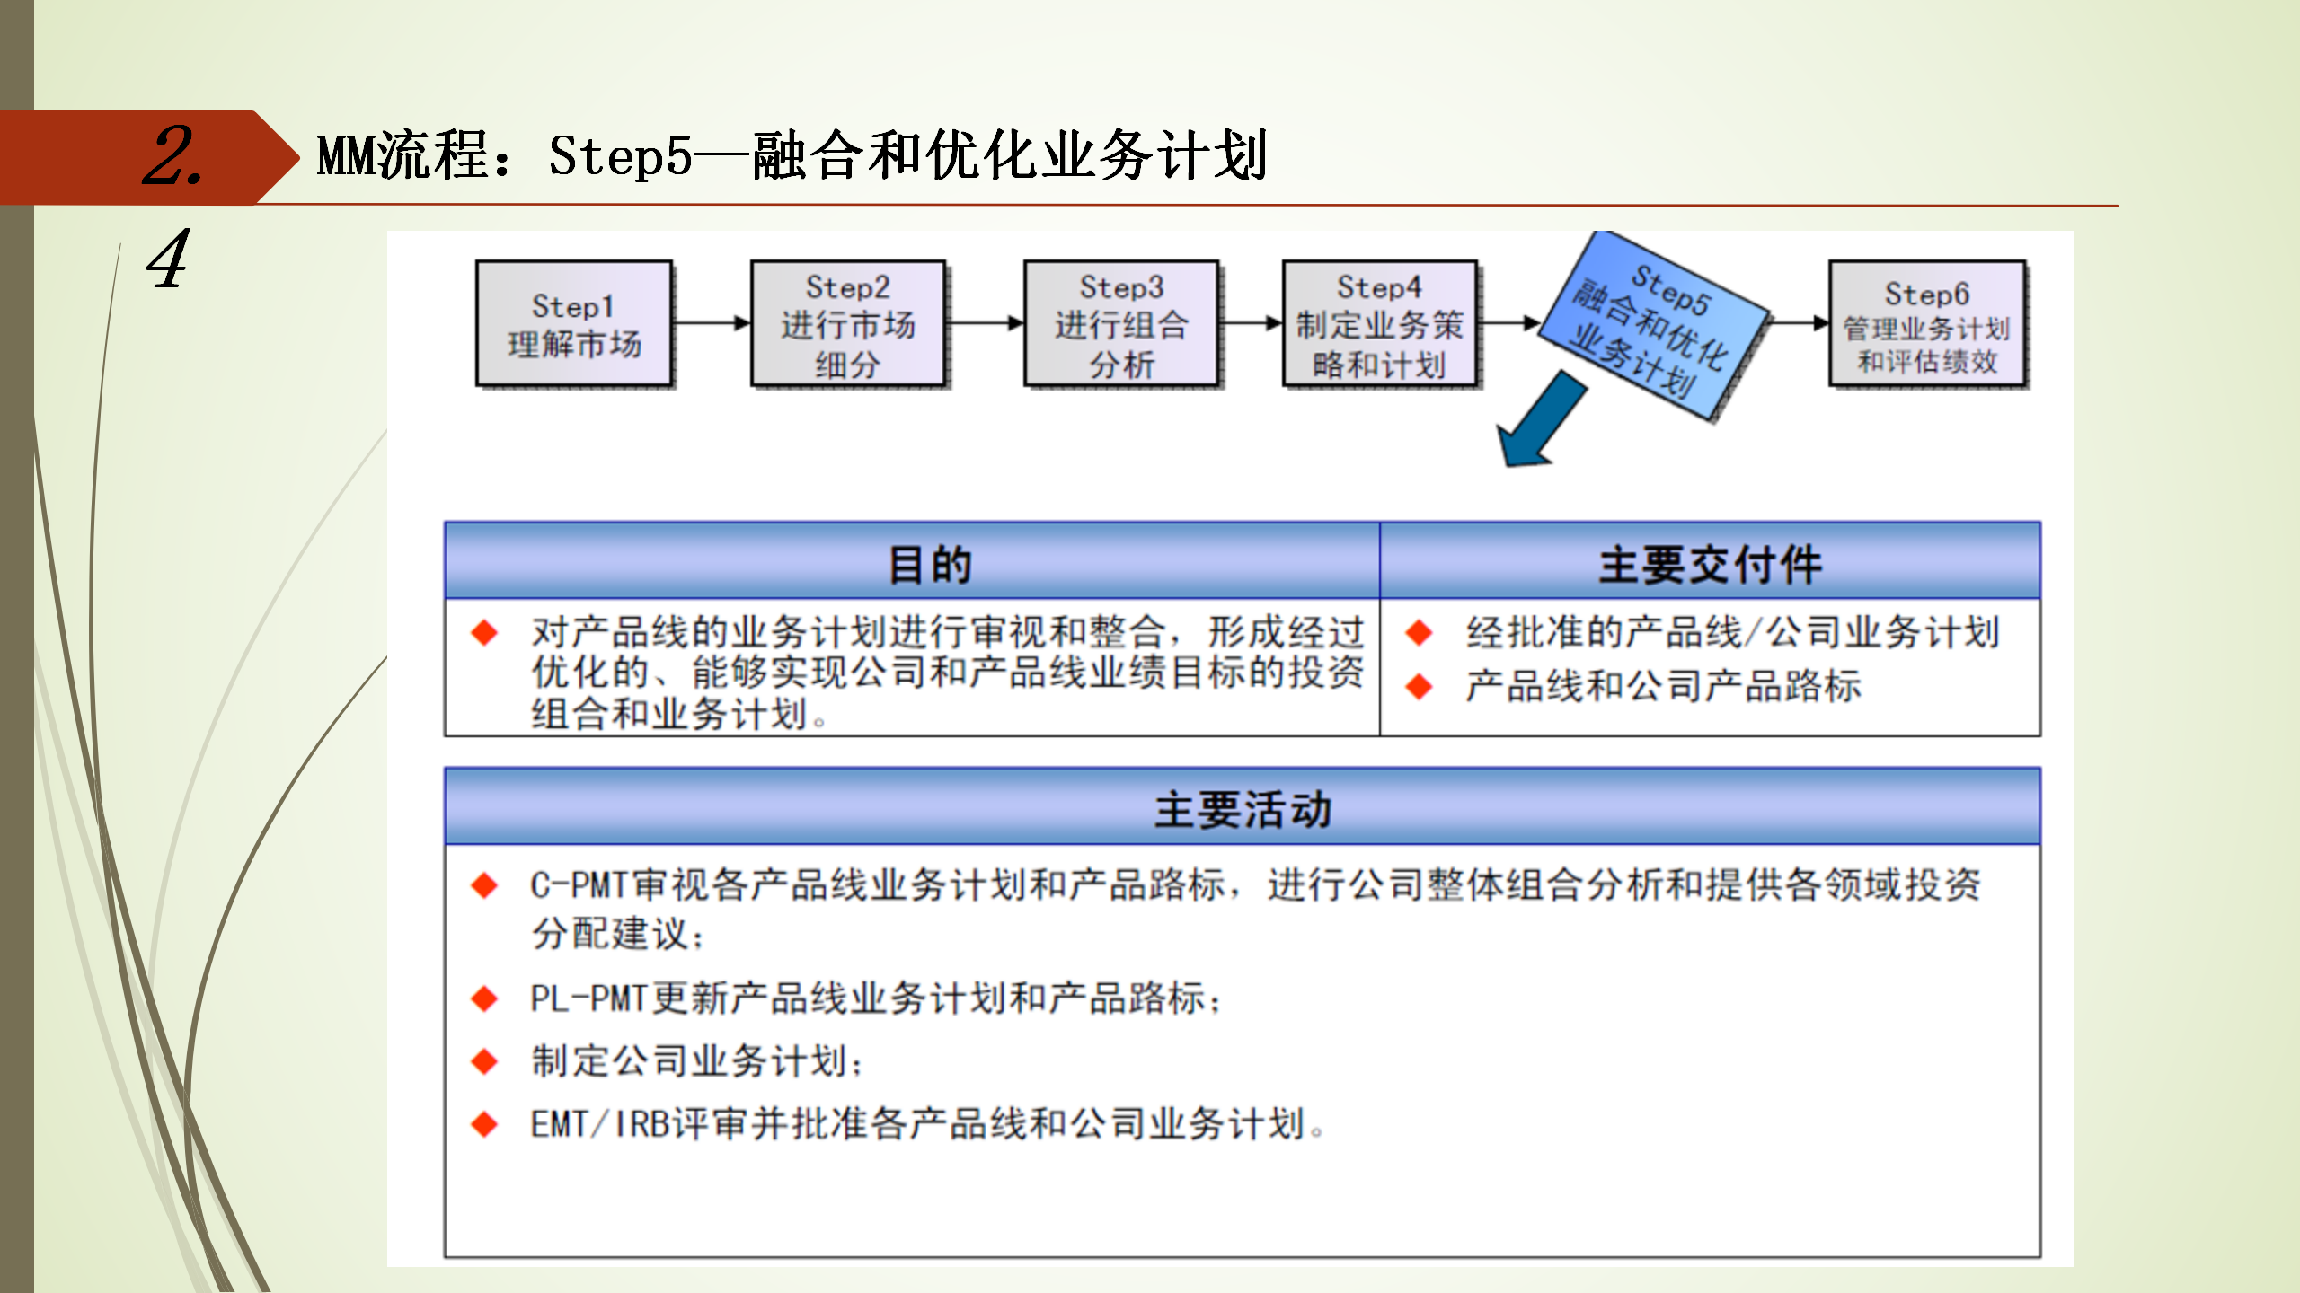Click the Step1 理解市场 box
[x=574, y=324]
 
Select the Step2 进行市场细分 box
[x=848, y=324]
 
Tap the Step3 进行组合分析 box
[x=1121, y=324]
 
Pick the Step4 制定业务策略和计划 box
[x=1380, y=324]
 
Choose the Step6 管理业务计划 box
[x=1927, y=324]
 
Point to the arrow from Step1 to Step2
[x=712, y=323]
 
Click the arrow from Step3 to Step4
[x=1251, y=323]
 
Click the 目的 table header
[x=930, y=564]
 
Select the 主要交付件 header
[x=1710, y=564]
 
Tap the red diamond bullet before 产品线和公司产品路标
[x=1419, y=687]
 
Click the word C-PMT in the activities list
[x=579, y=885]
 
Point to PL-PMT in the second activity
[x=588, y=998]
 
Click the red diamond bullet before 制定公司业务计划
[x=484, y=1061]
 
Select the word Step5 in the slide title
[x=620, y=156]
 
